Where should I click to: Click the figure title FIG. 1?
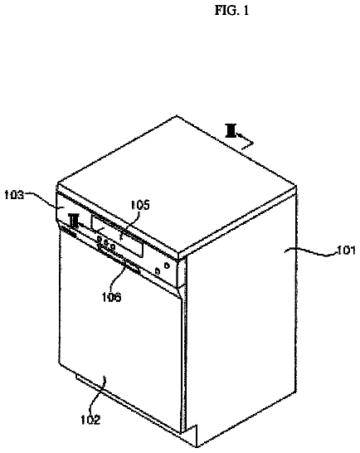click(x=231, y=11)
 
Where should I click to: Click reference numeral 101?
click(x=347, y=251)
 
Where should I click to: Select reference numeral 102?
click(x=90, y=420)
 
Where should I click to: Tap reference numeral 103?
click(x=14, y=195)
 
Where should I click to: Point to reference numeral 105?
click(x=140, y=205)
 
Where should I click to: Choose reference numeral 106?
click(x=111, y=297)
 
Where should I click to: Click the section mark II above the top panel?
click(x=231, y=130)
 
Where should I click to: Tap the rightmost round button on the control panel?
click(x=167, y=265)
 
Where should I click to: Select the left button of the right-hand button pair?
click(x=157, y=271)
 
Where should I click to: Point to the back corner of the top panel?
click(x=177, y=116)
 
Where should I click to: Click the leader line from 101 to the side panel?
click(x=310, y=252)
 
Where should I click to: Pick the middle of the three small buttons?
click(x=106, y=243)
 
